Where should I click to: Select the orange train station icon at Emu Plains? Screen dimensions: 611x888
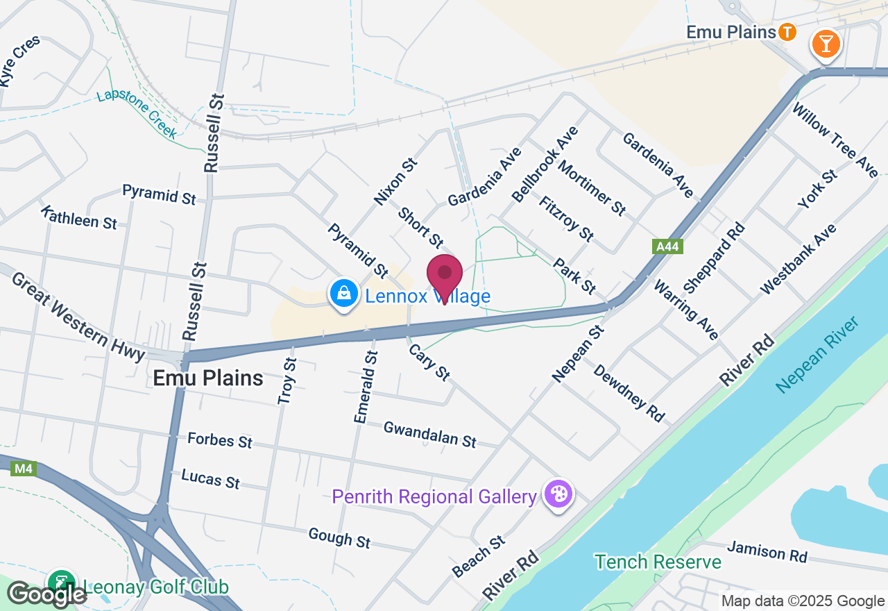point(787,32)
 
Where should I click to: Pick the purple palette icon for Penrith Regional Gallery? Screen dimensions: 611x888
point(558,495)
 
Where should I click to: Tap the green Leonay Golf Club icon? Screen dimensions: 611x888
point(62,582)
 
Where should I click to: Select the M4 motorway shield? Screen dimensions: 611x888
point(24,469)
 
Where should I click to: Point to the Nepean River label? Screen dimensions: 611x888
point(818,355)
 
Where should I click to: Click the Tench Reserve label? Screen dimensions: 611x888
point(658,562)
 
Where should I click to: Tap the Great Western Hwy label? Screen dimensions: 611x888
point(78,317)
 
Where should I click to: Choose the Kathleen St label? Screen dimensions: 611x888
point(78,217)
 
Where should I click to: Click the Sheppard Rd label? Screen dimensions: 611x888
point(714,258)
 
